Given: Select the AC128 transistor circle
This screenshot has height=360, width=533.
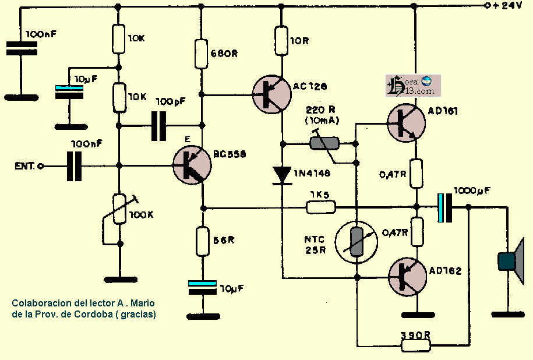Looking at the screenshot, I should coord(271,94).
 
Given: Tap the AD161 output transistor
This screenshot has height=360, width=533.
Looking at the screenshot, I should coord(405,123).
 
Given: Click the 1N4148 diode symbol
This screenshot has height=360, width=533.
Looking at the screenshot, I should coord(283,174).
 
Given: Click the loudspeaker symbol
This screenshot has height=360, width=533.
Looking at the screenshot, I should coord(511,261).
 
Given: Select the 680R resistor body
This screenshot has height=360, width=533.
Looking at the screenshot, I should coord(201,54).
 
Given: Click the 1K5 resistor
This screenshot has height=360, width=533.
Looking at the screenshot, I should coord(321,206).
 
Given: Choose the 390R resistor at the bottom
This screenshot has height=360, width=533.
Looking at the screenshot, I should coord(416,345).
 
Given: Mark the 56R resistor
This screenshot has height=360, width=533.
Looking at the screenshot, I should coord(202,242).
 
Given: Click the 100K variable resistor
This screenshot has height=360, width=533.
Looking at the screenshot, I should coord(119,210).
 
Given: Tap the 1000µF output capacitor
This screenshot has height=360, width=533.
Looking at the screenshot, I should coord(446,207).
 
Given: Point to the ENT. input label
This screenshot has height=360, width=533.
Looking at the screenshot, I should coord(26,166).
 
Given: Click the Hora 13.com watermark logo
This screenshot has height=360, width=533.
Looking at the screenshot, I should coord(413,86).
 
